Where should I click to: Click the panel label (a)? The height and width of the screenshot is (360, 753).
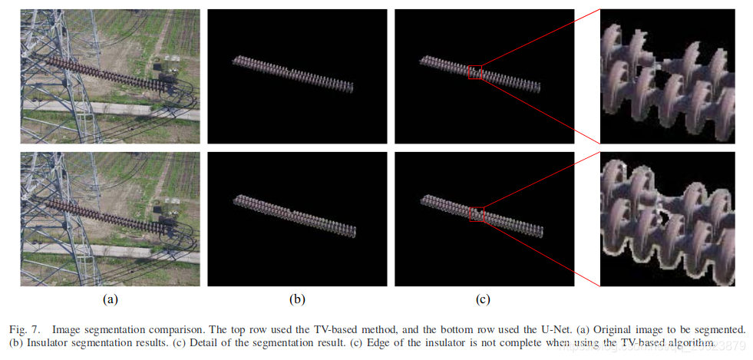[110, 299]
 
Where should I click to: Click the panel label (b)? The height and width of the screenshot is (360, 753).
[297, 299]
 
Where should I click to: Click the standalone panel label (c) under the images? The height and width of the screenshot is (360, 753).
[484, 299]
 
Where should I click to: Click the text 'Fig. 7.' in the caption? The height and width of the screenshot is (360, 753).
[25, 329]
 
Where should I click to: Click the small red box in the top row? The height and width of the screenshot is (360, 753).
[476, 71]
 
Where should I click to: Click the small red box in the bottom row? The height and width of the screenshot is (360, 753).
[477, 214]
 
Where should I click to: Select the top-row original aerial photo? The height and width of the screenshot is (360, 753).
[110, 76]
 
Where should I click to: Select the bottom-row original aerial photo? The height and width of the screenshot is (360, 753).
[110, 219]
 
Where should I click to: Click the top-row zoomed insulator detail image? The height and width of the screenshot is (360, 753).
[667, 76]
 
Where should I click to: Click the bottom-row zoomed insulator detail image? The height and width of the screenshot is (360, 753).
[667, 219]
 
